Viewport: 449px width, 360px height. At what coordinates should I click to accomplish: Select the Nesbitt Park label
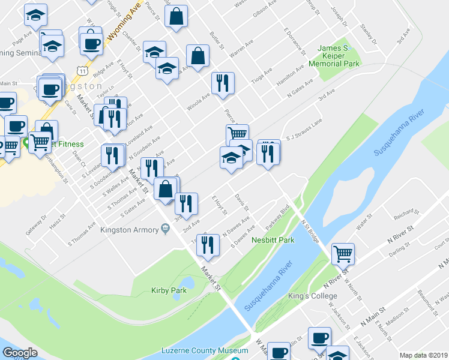(273, 240)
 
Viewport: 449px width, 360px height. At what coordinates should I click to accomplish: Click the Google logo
(20, 353)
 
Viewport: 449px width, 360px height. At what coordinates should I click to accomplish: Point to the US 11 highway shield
(82, 71)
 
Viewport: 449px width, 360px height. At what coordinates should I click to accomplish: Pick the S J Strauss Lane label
(304, 137)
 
